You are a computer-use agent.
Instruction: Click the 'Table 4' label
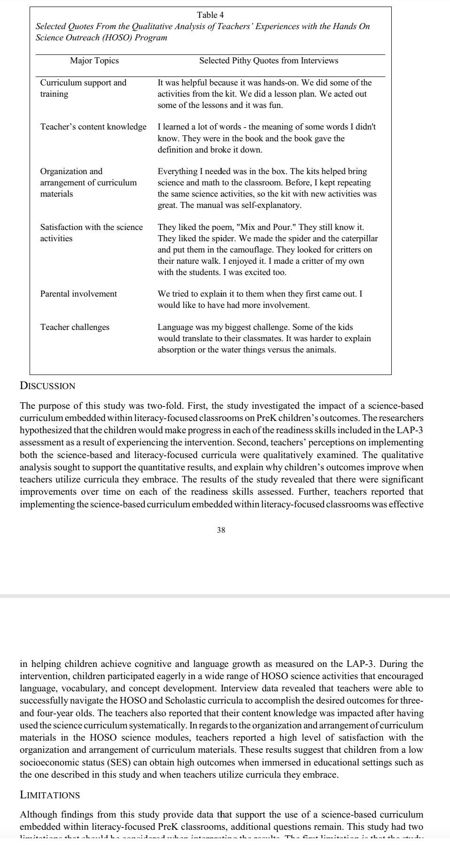pyautogui.click(x=210, y=15)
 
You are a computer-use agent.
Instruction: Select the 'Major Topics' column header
pyautogui.click(x=94, y=61)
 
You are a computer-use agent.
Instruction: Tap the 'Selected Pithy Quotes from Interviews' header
pyautogui.click(x=268, y=61)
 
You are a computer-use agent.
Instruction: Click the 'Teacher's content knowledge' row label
pyautogui.click(x=93, y=127)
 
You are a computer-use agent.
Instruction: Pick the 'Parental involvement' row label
pyautogui.click(x=78, y=294)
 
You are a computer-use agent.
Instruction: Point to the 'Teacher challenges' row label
pyautogui.click(x=75, y=327)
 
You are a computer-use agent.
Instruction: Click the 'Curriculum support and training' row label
pyautogui.click(x=83, y=88)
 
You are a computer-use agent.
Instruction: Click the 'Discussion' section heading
pyautogui.click(x=47, y=386)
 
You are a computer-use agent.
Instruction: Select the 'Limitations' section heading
pyautogui.click(x=50, y=795)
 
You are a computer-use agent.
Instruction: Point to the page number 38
pyautogui.click(x=221, y=530)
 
